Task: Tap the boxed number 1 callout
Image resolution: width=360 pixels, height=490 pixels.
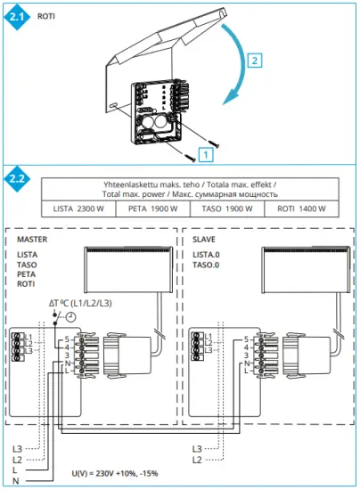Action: click(206, 153)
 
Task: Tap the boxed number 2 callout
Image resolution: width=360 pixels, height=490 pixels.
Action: click(255, 61)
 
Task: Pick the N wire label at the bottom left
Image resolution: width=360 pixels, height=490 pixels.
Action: click(15, 482)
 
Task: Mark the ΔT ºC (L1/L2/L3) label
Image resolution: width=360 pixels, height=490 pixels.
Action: click(79, 305)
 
